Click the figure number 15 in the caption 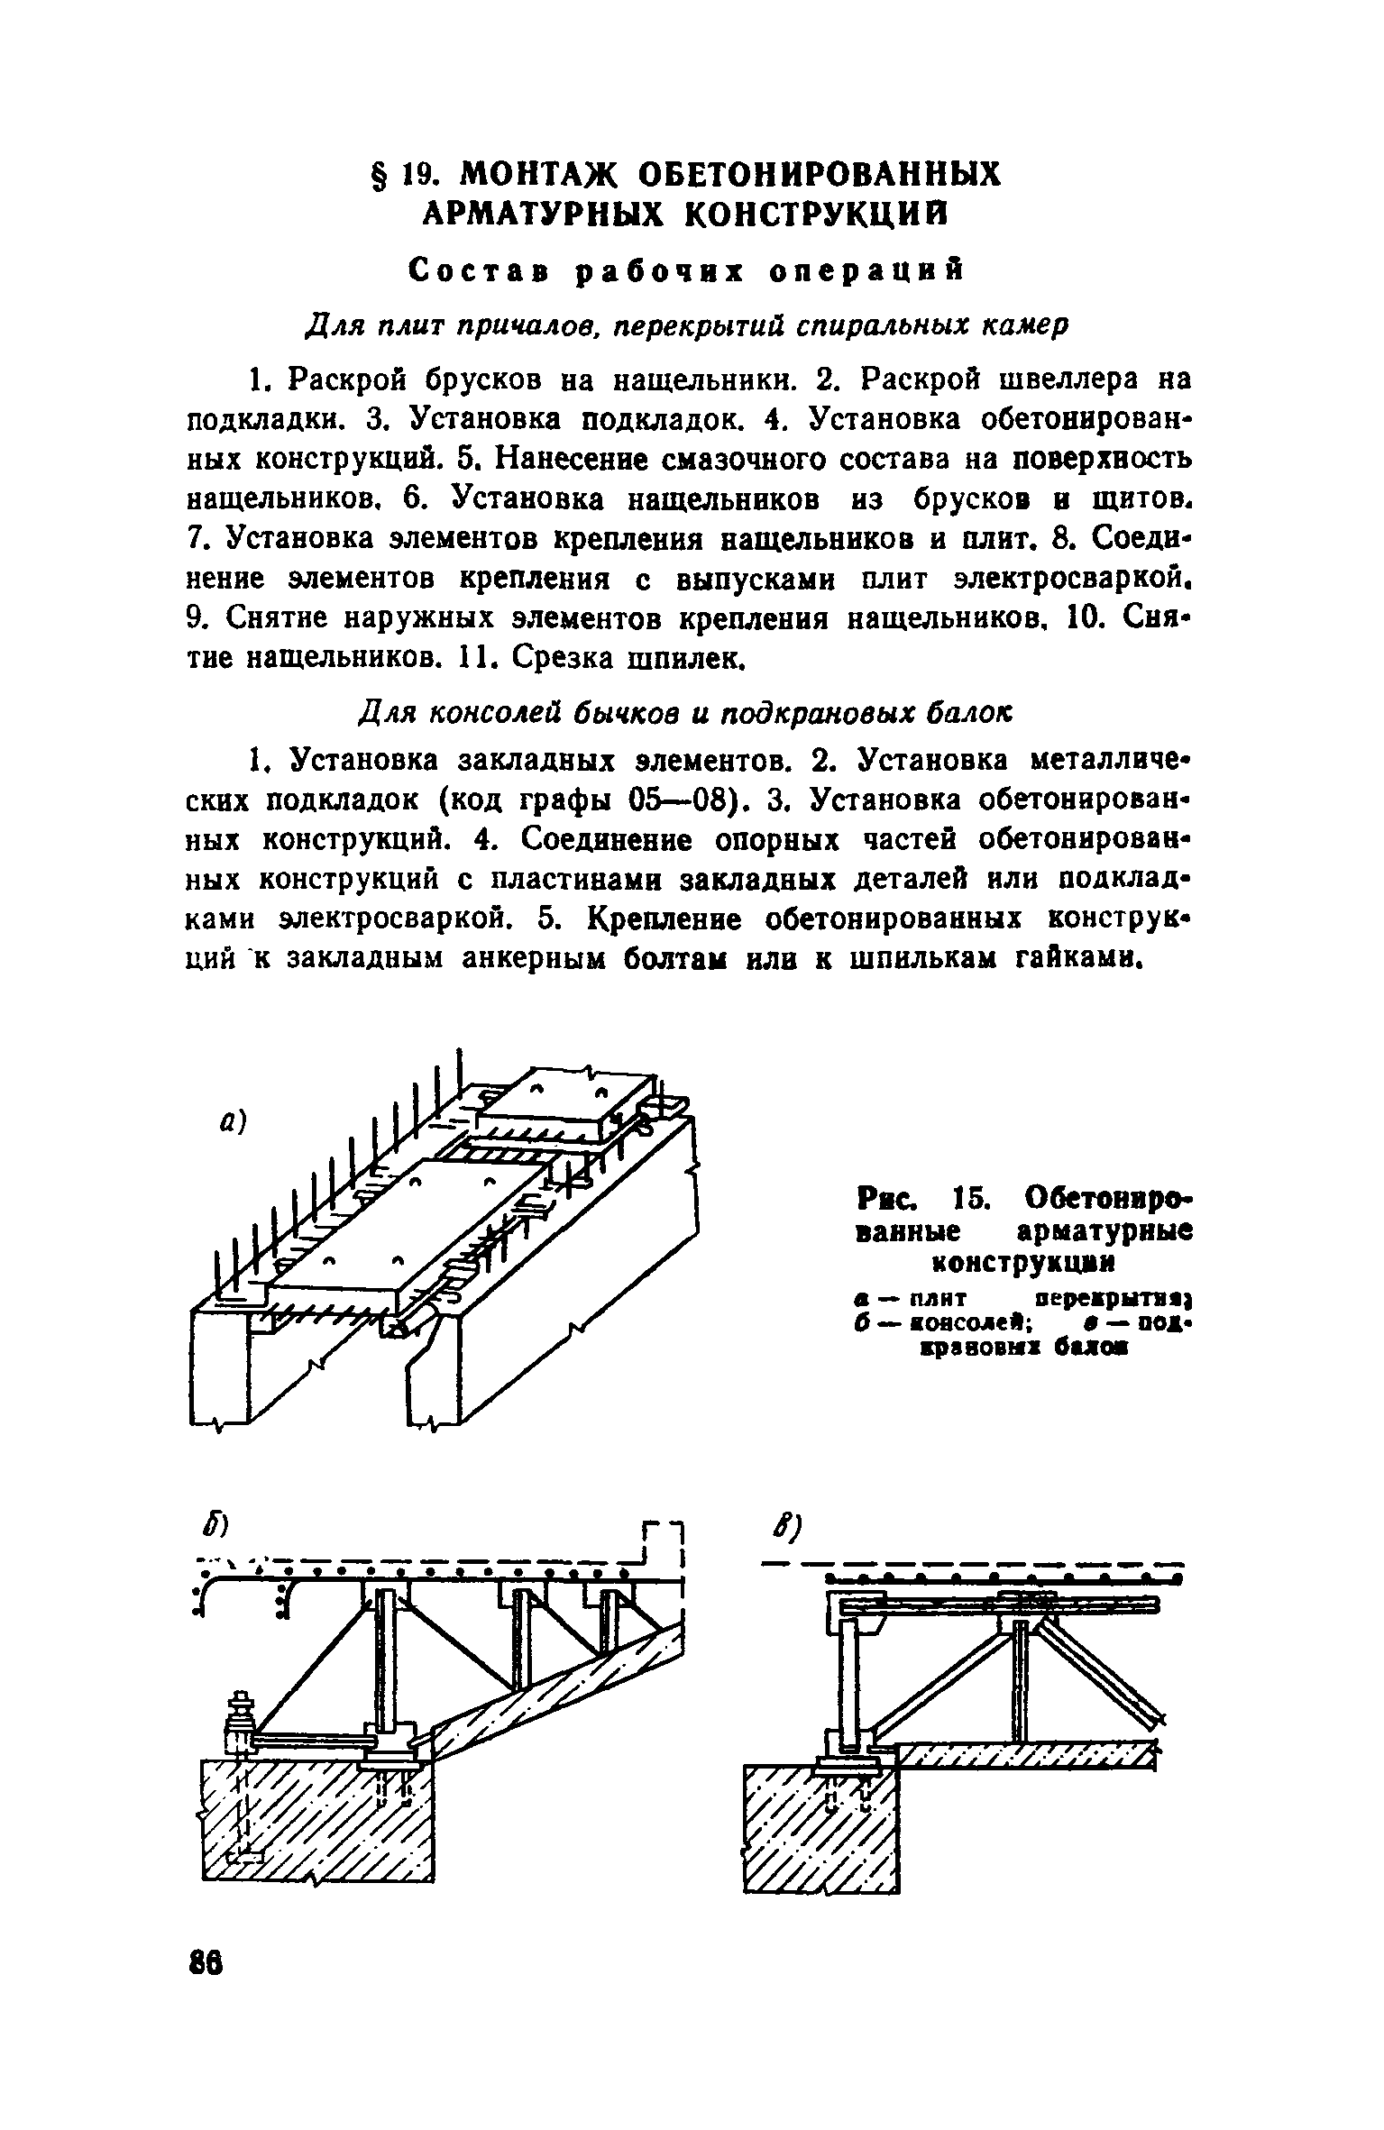[x=972, y=1201]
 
